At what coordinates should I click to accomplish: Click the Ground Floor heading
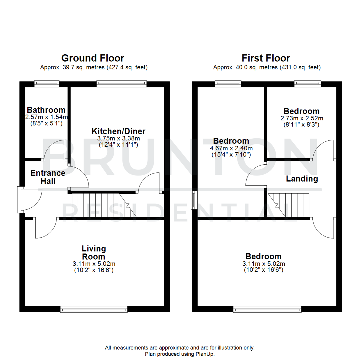pos(93,58)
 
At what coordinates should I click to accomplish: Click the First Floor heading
pos(266,58)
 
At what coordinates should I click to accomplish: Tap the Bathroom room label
pos(46,110)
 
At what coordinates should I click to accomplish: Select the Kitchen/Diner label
pos(118,131)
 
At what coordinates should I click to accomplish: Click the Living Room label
pos(94,253)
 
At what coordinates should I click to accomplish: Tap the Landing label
pos(302,179)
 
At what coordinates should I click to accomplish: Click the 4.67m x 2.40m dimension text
pos(231,148)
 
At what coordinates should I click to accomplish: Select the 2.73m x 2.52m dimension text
pos(301,118)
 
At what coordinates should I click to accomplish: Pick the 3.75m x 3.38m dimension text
pos(118,138)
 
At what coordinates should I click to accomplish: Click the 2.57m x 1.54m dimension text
pos(46,117)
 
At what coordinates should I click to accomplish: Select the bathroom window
pos(47,84)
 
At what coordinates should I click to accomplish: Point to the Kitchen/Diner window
pos(121,84)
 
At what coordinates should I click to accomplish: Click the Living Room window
pos(94,310)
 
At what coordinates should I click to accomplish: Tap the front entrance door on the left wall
pos(20,199)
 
